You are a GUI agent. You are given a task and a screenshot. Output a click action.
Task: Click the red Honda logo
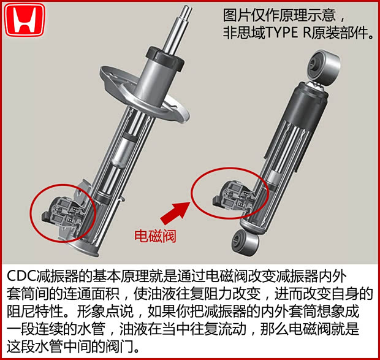(25, 21)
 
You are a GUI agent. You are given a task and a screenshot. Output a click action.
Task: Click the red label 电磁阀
(155, 236)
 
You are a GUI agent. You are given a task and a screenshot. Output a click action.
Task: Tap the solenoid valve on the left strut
(61, 210)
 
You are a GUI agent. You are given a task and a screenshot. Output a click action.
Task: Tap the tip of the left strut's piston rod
(186, 9)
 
